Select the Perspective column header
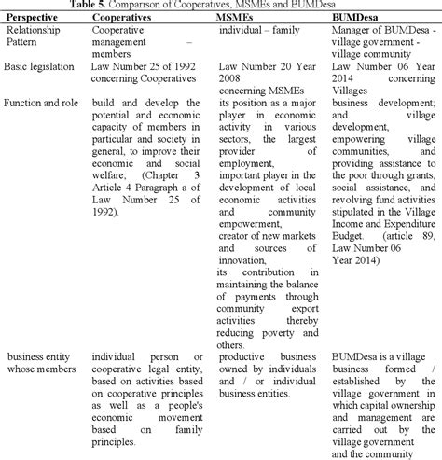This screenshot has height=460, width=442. [x=36, y=18]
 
